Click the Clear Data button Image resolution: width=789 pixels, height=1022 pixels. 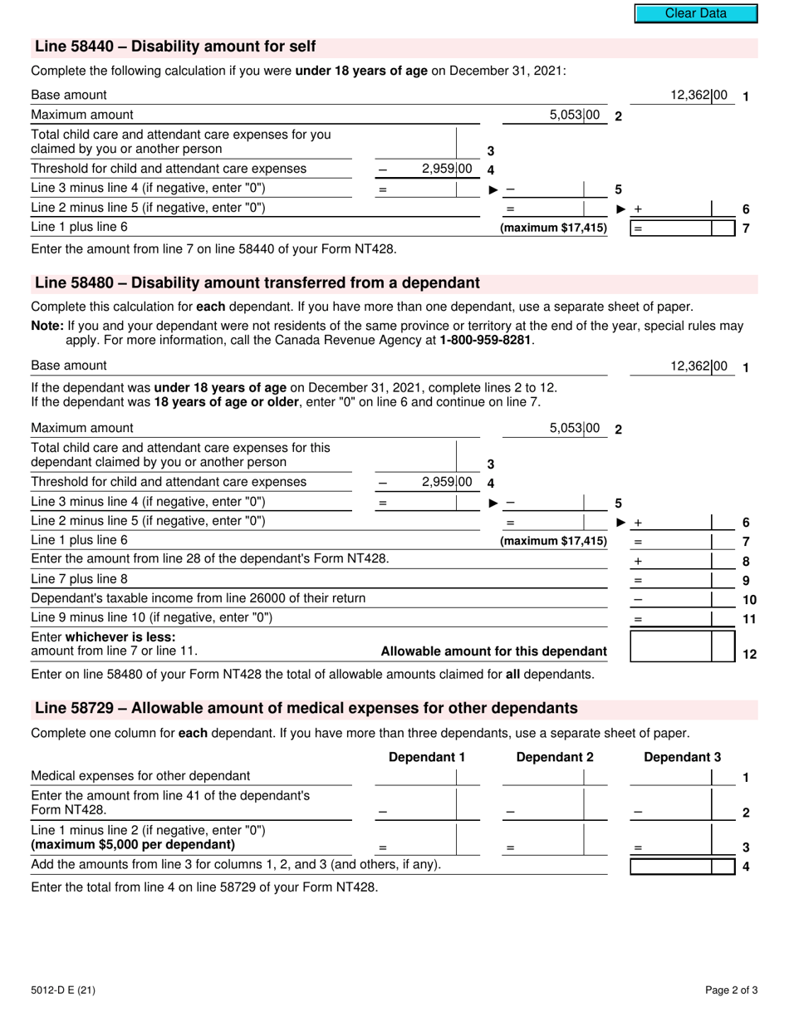tap(695, 13)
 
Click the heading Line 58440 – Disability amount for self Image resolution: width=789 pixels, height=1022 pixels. tap(175, 47)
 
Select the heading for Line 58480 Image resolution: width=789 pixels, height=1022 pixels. tap(257, 283)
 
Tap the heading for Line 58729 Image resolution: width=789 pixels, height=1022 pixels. tap(306, 709)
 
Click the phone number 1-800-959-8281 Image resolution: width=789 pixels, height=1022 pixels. tap(485, 340)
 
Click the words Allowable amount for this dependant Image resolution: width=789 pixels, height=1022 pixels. tap(493, 651)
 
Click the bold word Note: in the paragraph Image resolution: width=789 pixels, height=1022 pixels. tap(47, 327)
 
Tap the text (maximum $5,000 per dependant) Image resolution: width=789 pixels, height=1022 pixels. tap(133, 845)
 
